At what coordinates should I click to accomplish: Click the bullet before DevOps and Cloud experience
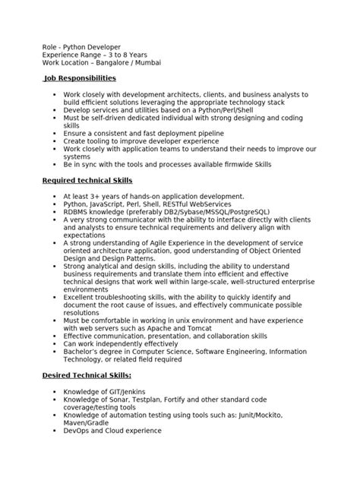(55, 431)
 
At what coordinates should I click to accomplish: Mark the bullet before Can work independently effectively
(55, 343)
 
